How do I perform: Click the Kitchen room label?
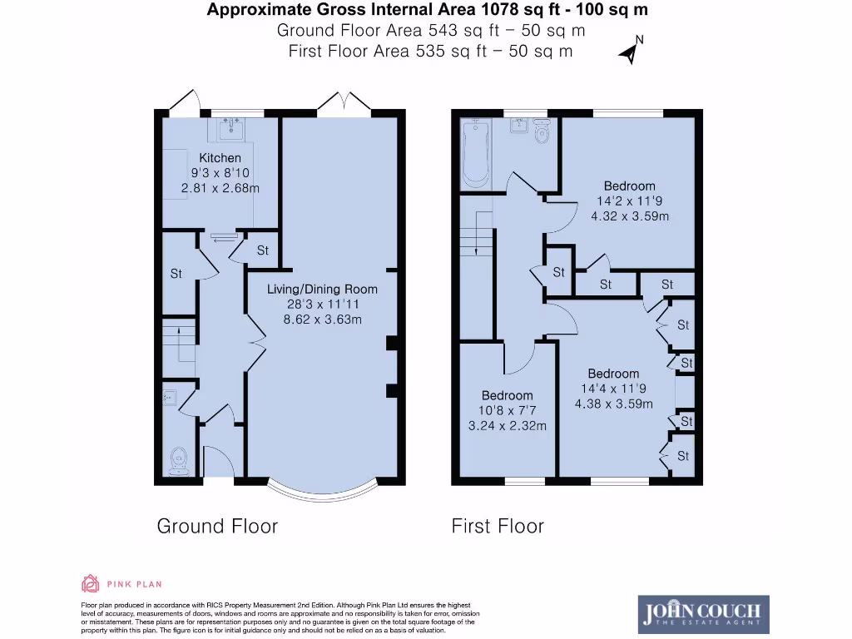pos(220,158)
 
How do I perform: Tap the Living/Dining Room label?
pos(322,290)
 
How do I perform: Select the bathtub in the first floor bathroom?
pos(475,154)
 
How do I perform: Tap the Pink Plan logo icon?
pos(90,582)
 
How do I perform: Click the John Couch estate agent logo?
pos(703,614)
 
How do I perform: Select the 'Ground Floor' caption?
pos(217,526)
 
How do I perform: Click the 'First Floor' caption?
pos(498,526)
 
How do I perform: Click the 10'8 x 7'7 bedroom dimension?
pos(507,411)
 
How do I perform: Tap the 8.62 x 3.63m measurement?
pos(322,319)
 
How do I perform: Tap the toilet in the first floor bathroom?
pos(542,133)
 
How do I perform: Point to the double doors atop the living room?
pos(344,101)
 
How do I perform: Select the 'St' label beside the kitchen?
pos(262,250)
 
